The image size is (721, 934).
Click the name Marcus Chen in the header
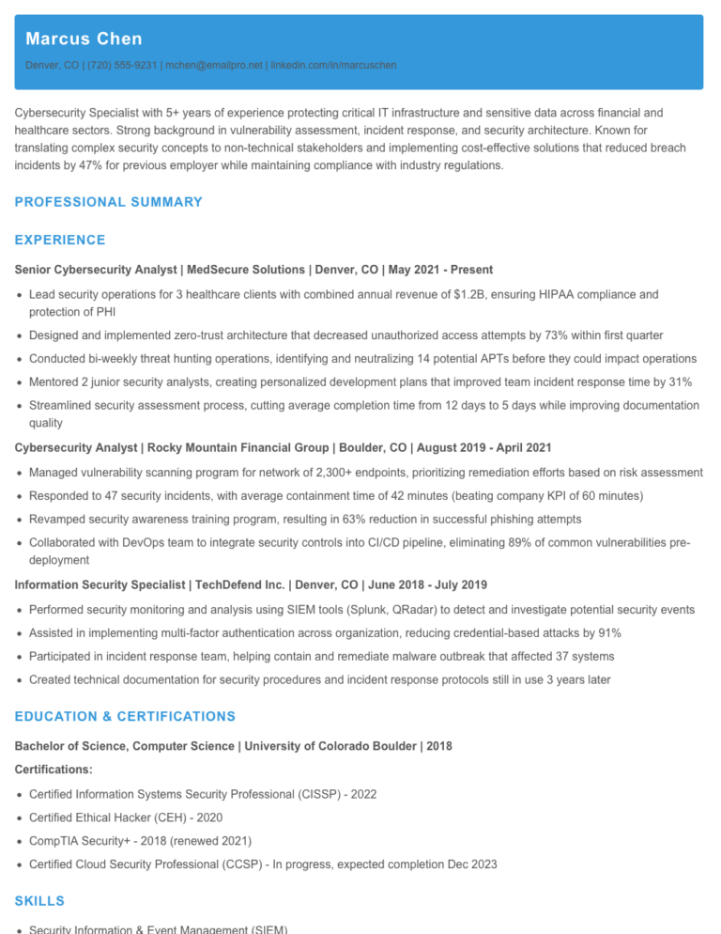click(84, 39)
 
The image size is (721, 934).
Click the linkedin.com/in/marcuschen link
click(333, 66)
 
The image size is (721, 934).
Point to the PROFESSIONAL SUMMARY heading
click(109, 202)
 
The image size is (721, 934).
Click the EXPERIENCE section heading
click(60, 241)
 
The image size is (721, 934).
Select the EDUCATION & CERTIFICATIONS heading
click(125, 717)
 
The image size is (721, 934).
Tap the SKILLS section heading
click(40, 901)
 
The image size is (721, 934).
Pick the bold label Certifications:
click(54, 770)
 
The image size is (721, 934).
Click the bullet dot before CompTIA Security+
click(20, 841)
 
